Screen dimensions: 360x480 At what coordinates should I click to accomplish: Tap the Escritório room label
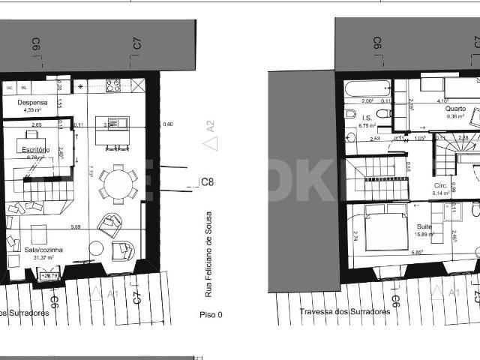point(36,150)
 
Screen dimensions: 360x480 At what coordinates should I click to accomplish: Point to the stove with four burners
point(114,85)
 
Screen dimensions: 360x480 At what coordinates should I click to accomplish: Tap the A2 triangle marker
point(209,126)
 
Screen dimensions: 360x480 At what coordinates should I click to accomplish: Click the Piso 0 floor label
point(211,314)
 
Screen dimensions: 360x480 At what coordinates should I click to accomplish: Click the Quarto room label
point(456,109)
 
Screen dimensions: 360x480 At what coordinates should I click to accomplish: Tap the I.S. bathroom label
point(367,118)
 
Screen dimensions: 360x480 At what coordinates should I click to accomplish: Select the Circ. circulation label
point(440,184)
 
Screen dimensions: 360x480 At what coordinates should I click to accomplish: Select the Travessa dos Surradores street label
point(344,310)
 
